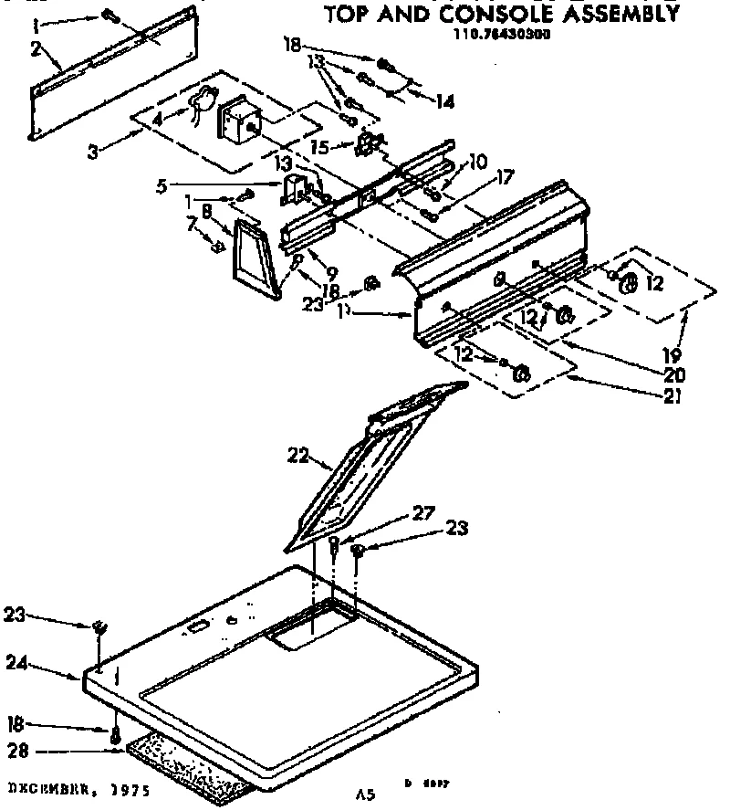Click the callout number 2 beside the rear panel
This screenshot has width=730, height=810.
tap(34, 51)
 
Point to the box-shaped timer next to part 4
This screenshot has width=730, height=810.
tap(240, 120)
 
